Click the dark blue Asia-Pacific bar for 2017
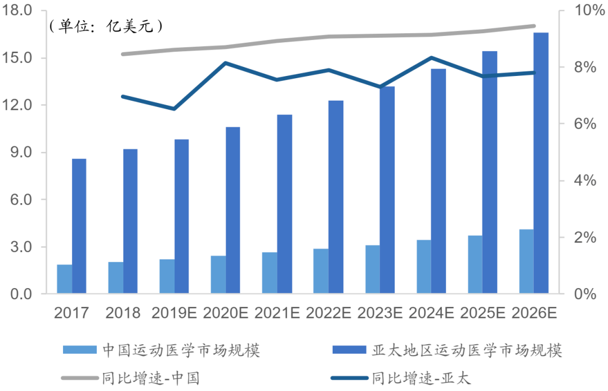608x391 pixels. point(79,226)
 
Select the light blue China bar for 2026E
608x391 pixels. point(526,262)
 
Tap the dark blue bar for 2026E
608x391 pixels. point(541,163)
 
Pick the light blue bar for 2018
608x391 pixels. point(116,277)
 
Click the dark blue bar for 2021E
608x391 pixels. point(284,204)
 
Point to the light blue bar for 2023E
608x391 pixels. point(372,269)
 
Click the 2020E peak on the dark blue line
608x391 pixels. point(225,63)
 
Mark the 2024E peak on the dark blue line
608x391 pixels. point(431,57)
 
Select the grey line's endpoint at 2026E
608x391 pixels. point(534,26)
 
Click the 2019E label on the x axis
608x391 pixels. point(174,313)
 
